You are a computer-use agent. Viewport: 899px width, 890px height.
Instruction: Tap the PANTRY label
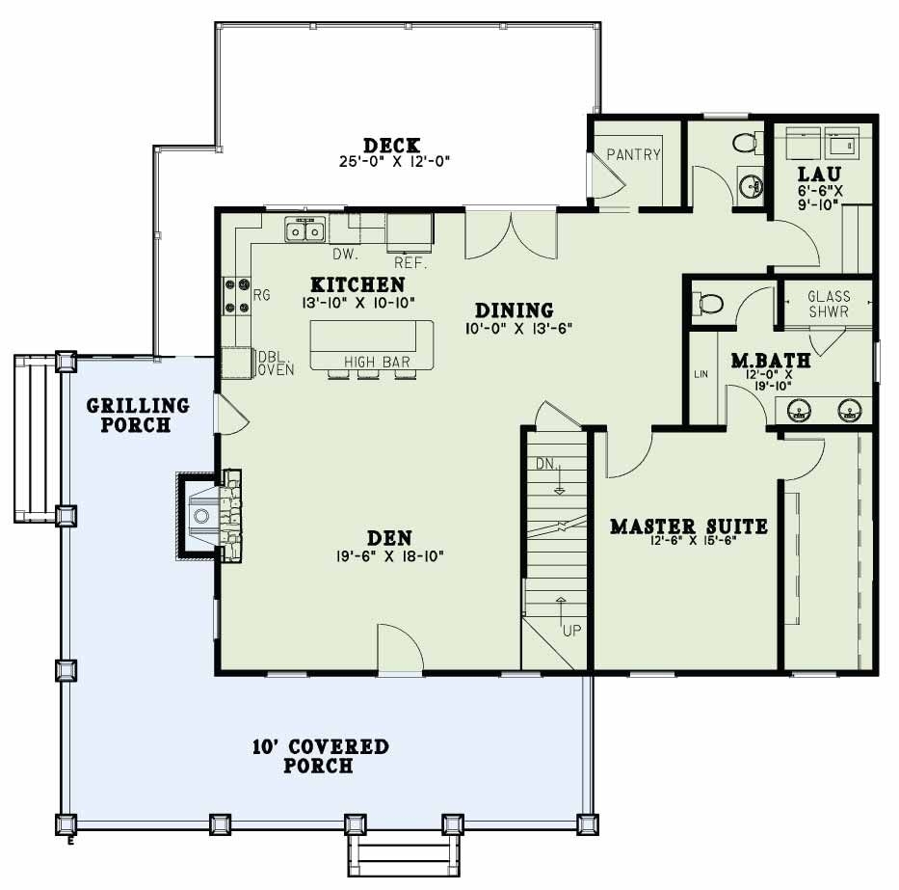634,154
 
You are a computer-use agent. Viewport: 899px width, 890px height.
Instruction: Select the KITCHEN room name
357,285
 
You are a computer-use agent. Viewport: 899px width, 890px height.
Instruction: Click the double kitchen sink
305,230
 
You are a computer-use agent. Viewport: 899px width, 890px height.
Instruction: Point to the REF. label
410,262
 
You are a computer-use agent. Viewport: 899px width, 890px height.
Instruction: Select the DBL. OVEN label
275,363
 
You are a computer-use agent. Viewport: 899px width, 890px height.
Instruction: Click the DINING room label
515,310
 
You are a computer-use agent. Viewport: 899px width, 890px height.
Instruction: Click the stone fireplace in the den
212,516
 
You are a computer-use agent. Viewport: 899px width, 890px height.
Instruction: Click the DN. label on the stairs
546,465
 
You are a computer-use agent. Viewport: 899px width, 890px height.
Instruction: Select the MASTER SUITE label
689,526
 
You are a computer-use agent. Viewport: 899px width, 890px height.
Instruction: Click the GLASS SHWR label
829,305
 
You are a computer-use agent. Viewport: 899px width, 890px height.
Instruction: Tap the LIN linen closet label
701,373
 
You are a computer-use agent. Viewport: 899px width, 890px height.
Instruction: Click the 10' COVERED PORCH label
320,756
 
